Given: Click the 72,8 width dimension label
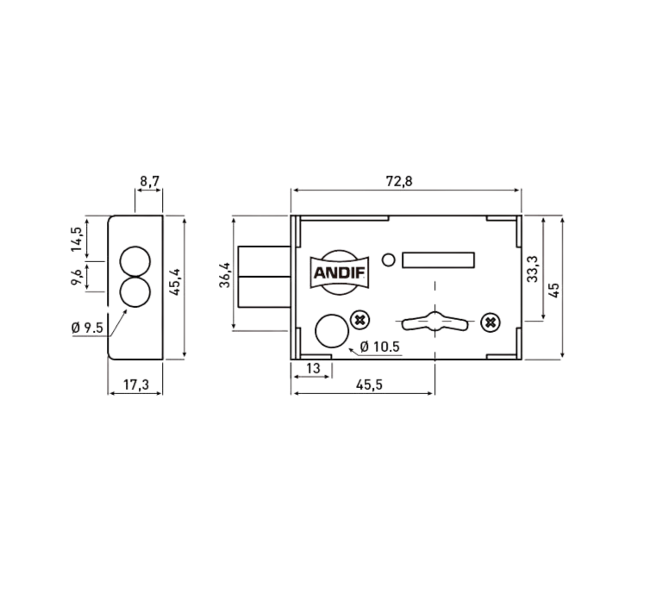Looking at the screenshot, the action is click(399, 181).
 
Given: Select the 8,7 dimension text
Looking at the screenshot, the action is click(149, 181).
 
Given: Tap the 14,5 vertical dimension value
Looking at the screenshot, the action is click(77, 240).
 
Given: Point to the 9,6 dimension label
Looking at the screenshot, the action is click(77, 277).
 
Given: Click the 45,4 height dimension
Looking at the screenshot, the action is click(175, 282).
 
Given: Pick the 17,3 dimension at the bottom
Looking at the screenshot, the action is click(136, 385).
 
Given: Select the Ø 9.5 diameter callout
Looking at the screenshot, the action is click(87, 328).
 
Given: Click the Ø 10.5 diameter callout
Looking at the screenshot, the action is click(379, 347).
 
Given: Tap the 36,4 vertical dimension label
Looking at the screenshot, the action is click(225, 275).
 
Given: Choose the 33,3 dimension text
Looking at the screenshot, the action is click(533, 269).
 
